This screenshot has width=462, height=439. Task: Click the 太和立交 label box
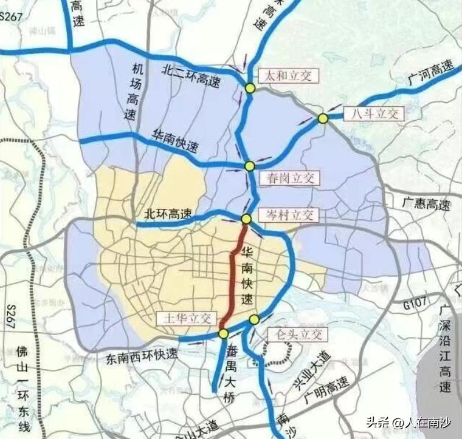coord(285,75)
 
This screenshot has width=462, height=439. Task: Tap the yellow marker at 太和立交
coord(250,89)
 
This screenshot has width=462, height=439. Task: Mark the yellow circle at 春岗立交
coord(249,166)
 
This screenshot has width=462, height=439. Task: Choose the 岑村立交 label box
coord(288,214)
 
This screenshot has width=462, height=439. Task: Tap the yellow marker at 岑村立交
coord(246,219)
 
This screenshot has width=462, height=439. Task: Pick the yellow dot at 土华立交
coord(223,333)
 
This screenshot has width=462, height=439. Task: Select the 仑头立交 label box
coord(297,335)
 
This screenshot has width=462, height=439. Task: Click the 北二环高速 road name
coord(192,70)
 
